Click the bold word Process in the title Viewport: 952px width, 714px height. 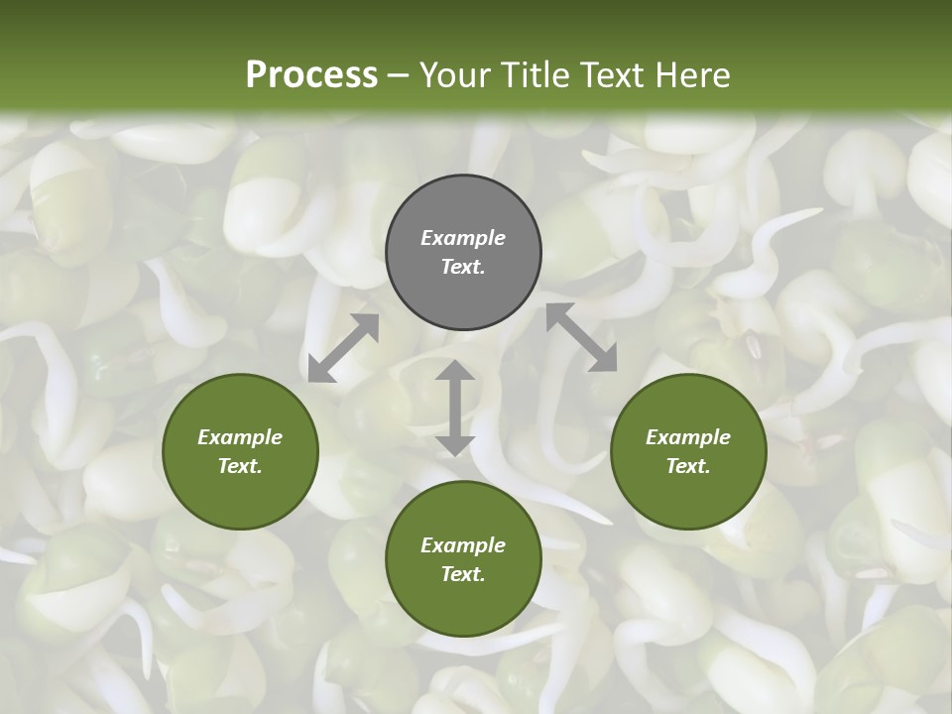click(311, 75)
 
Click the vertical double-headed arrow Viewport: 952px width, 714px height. click(455, 408)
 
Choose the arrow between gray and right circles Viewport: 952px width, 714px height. click(581, 337)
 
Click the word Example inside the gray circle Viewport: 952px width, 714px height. click(463, 238)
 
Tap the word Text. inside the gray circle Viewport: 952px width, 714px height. click(463, 267)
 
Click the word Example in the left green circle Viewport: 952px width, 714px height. click(240, 437)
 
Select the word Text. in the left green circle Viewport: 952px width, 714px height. click(240, 466)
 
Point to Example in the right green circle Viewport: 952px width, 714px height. click(688, 437)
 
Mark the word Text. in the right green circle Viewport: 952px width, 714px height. click(688, 466)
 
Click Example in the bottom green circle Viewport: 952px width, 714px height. click(463, 545)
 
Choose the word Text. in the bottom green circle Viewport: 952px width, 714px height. click(463, 574)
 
